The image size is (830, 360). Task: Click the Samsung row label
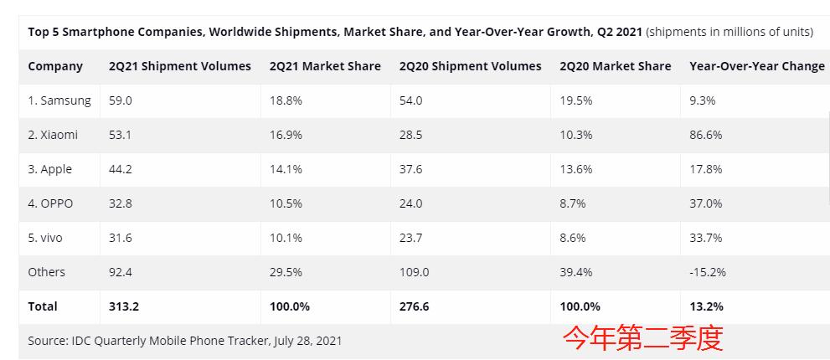pos(59,100)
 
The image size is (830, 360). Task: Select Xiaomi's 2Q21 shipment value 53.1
pos(121,135)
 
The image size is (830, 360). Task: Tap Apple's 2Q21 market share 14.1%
pos(285,169)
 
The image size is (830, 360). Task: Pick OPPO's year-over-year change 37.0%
pos(705,203)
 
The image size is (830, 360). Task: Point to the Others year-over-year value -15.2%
pos(707,272)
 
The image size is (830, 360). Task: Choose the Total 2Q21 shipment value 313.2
pos(124,306)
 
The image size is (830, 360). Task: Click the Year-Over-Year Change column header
pos(756,66)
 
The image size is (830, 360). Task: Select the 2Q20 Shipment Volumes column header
pos(470,66)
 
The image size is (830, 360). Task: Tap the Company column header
pos(55,66)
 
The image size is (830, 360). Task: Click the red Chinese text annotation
pos(642,337)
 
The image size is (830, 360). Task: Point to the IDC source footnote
pos(184,341)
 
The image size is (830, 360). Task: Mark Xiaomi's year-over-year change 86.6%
pos(705,135)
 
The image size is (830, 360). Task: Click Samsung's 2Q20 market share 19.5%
pos(575,100)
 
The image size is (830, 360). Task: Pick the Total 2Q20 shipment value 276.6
pos(415,306)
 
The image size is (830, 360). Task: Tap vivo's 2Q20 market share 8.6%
pos(573,238)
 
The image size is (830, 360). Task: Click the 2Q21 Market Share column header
pos(325,66)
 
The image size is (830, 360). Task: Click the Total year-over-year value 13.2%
pos(706,306)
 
